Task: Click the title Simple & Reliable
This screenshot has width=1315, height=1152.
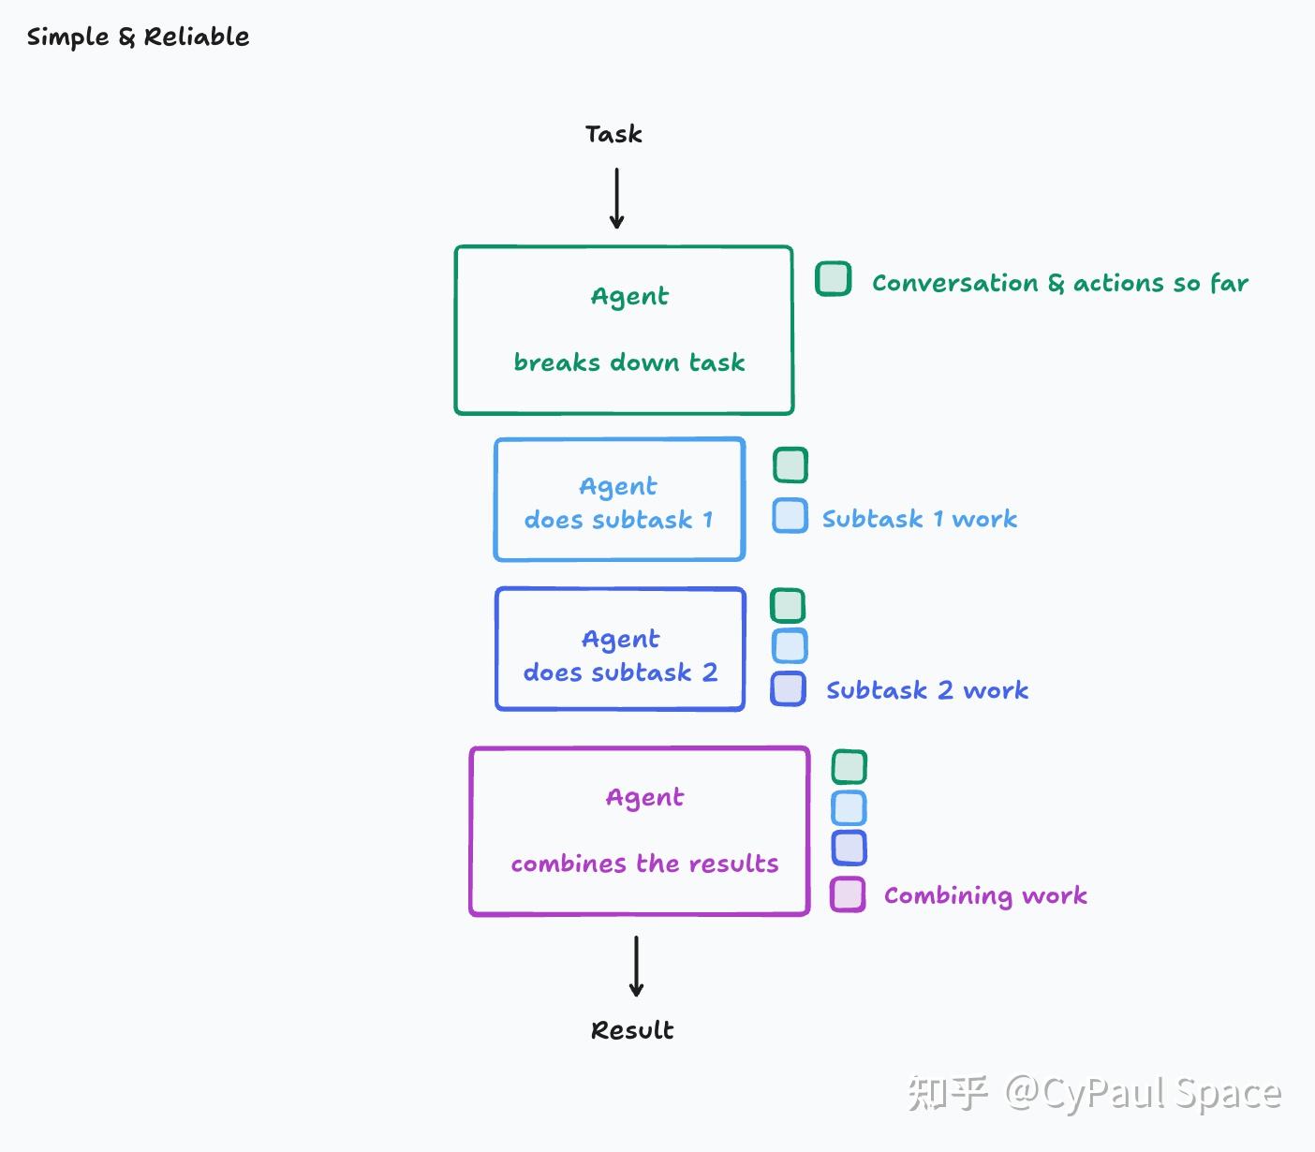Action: point(138,37)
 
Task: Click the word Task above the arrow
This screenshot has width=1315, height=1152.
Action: point(613,134)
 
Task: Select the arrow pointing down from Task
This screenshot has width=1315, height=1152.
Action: point(616,198)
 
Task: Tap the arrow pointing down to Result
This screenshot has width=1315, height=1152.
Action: point(636,966)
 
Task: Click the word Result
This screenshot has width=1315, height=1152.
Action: point(632,1030)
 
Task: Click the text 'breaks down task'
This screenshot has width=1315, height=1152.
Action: point(629,362)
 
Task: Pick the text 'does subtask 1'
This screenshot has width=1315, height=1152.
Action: point(618,519)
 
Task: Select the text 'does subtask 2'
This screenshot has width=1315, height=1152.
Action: point(620,672)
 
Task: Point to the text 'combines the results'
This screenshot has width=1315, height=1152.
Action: point(644,864)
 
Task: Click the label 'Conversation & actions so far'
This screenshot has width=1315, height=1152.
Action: point(1060,283)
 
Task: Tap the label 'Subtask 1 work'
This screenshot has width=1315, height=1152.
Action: point(920,519)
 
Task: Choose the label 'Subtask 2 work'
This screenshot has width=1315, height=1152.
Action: point(927,690)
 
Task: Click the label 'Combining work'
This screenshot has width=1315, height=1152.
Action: point(985,895)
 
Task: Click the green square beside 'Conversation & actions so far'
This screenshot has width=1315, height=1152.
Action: point(833,278)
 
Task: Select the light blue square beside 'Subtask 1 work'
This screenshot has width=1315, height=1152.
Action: point(790,515)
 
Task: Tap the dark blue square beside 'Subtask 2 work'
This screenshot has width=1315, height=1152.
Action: point(788,688)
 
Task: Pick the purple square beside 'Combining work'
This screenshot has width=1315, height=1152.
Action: point(848,894)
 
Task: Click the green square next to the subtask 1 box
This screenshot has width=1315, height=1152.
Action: point(790,465)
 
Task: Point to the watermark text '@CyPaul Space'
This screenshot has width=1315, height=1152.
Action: point(1143,1094)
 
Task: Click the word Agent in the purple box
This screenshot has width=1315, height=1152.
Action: point(644,798)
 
